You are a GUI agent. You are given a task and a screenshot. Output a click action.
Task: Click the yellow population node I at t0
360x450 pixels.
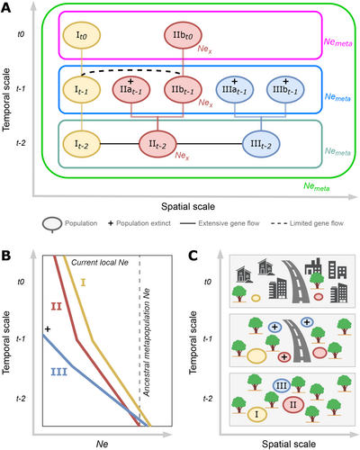tap(81, 35)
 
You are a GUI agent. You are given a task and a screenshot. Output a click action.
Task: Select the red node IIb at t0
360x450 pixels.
tap(183, 35)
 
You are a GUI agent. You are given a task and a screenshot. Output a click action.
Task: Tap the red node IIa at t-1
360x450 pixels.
tap(131, 90)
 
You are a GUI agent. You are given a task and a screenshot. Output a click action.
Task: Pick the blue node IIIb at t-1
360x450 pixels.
tap(285, 90)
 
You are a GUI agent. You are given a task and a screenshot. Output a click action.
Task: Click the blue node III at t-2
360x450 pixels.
tap(261, 144)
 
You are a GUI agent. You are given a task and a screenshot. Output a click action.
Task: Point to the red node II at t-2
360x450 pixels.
tap(157, 144)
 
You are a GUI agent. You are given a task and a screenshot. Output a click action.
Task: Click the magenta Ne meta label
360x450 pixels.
tap(337, 42)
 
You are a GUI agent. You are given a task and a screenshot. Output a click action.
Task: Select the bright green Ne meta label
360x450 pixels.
tap(317, 186)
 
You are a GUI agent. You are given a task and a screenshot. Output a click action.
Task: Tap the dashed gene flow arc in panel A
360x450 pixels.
tap(132, 69)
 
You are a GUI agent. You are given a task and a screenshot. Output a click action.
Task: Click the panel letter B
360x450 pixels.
tap(6, 256)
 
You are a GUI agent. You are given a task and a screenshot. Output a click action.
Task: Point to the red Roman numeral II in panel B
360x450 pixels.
tap(56, 306)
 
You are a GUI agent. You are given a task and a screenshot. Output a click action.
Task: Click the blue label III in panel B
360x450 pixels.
tap(58, 373)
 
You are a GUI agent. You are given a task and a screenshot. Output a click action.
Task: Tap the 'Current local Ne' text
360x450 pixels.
tap(100, 263)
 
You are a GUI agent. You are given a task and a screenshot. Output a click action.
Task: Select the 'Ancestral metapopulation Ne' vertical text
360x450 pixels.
tap(147, 343)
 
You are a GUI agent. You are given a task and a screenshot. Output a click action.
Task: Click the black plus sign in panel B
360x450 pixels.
tap(48, 329)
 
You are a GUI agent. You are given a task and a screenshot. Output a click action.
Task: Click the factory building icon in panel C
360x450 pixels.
tap(313, 267)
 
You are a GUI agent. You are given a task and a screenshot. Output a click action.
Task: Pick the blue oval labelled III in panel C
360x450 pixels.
tap(282, 385)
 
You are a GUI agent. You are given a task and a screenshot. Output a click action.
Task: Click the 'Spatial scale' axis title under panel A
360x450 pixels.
tap(188, 207)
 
